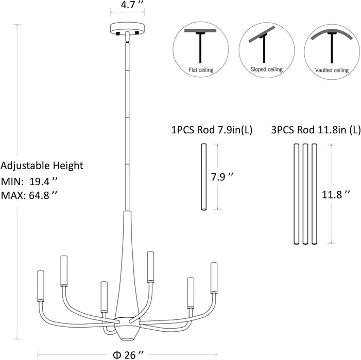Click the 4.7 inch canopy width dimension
(x=130, y=5)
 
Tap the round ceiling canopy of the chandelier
(x=127, y=28)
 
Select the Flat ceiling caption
(x=201, y=69)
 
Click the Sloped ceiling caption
(x=267, y=69)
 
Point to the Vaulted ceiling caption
(x=332, y=70)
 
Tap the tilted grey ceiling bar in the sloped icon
(x=262, y=34)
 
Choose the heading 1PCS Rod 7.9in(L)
(x=212, y=130)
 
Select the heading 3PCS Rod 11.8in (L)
(x=316, y=130)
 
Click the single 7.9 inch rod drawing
(x=203, y=177)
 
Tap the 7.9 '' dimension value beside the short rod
(x=222, y=177)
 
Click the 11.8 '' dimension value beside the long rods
(x=336, y=195)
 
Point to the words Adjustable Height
(x=42, y=166)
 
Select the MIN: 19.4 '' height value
(x=29, y=182)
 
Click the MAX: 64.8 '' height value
(x=29, y=195)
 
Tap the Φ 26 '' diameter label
(x=128, y=355)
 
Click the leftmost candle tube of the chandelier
(x=41, y=286)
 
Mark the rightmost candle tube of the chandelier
(x=214, y=278)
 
